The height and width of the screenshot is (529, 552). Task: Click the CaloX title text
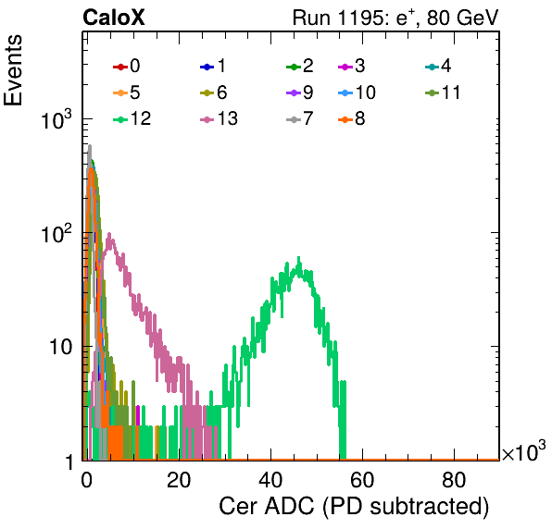coord(114,18)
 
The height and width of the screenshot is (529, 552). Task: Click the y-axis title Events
coord(13,70)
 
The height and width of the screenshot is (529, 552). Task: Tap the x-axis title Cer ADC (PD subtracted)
coord(354,507)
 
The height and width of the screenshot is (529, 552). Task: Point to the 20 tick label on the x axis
coord(179,480)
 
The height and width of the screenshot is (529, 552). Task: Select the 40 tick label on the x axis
coord(270,480)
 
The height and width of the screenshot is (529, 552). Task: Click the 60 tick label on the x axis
coord(362,480)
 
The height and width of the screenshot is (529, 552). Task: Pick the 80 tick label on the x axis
coord(454,480)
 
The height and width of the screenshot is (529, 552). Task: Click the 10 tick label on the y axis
coord(60,347)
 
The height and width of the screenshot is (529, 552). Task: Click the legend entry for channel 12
coord(132,118)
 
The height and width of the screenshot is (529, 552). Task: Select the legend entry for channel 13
coord(219,118)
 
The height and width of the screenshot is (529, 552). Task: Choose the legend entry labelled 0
coord(126,66)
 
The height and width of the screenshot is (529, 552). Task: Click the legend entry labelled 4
coord(438,66)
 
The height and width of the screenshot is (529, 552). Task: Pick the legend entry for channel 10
coord(357,92)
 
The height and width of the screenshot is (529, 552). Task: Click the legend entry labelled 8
coord(351,118)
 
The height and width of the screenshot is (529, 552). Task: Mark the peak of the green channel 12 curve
coord(299,258)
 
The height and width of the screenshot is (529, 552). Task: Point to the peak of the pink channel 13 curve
coord(109,233)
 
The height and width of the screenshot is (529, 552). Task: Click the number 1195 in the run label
coord(363,18)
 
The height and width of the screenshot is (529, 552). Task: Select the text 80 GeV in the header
coord(463,18)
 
